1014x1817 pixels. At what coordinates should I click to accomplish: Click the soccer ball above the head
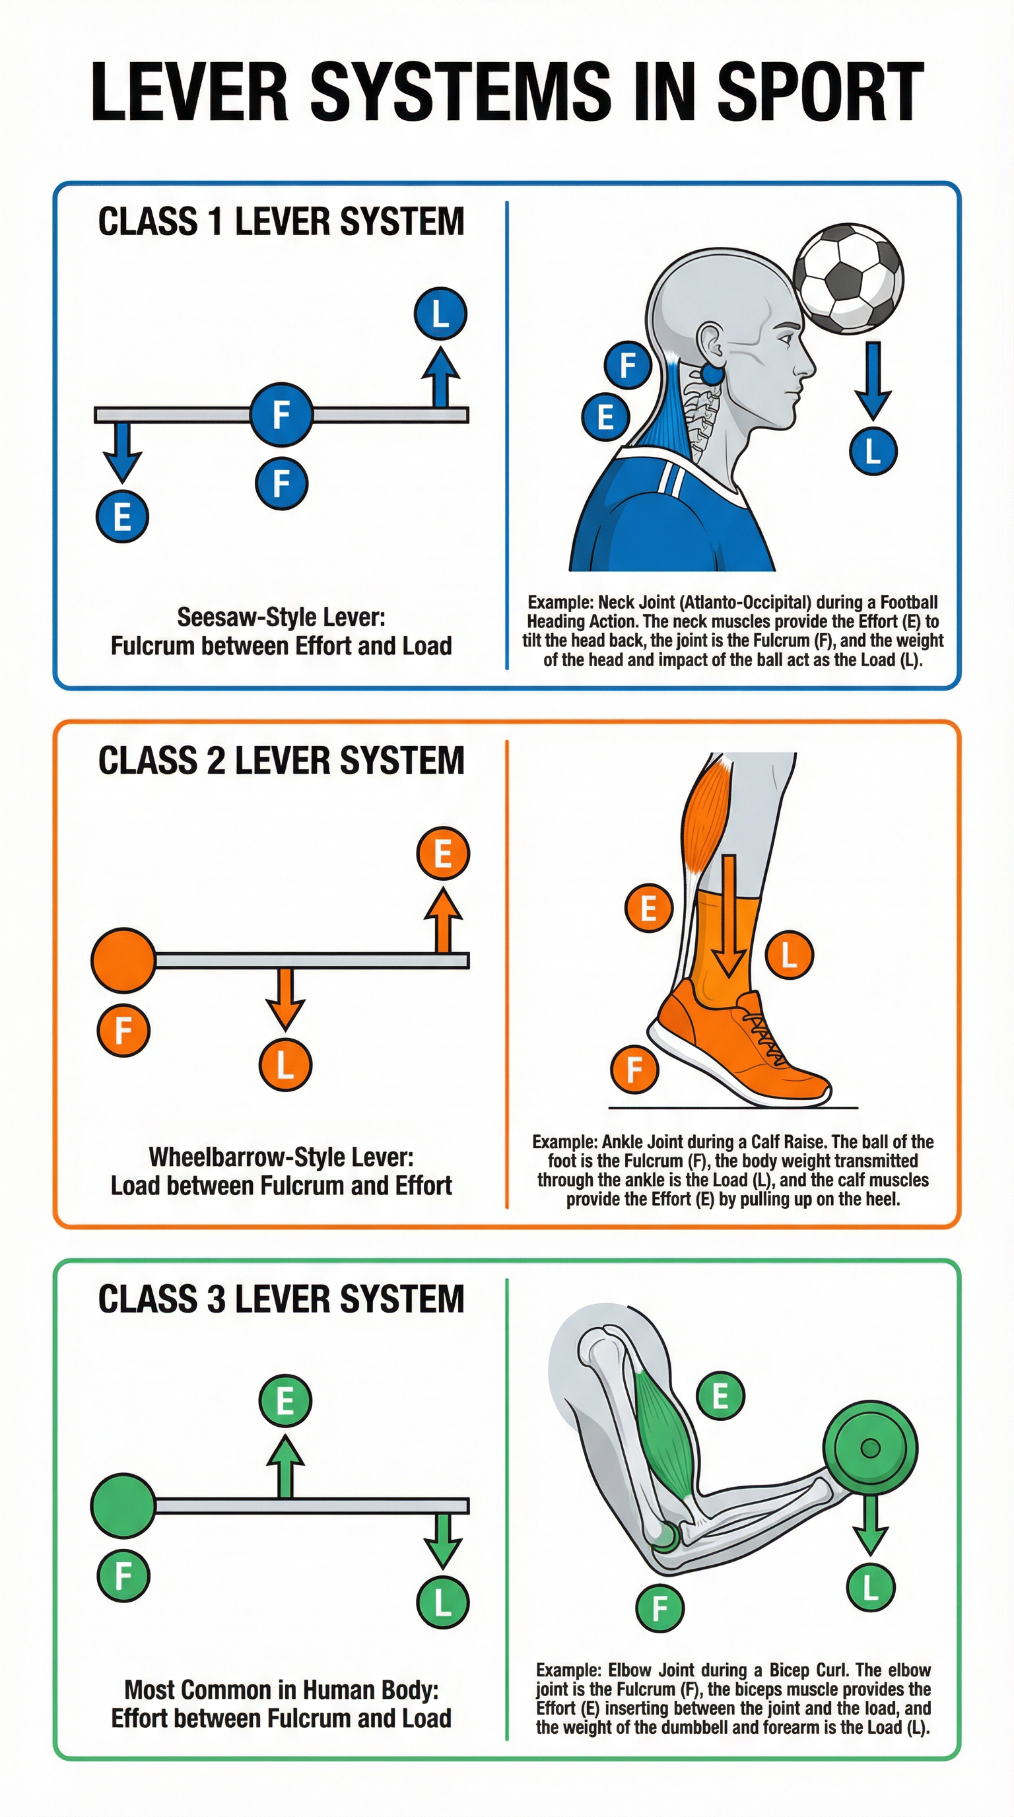[848, 279]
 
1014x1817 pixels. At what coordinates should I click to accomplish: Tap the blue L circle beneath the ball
[872, 451]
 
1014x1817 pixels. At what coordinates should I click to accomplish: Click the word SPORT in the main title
[820, 92]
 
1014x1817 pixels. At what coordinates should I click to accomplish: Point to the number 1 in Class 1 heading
[216, 223]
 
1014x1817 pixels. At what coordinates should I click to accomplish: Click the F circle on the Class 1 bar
[281, 414]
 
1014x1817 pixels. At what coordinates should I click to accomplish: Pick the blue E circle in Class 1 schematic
[122, 516]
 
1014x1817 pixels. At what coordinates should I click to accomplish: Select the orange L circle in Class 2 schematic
[285, 1064]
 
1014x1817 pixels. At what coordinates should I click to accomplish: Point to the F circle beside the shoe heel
[634, 1070]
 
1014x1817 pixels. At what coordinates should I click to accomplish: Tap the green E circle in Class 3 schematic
[285, 1400]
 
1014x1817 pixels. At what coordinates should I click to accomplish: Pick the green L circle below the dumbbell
[870, 1588]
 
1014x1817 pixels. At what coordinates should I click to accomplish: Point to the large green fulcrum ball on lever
[123, 1506]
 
